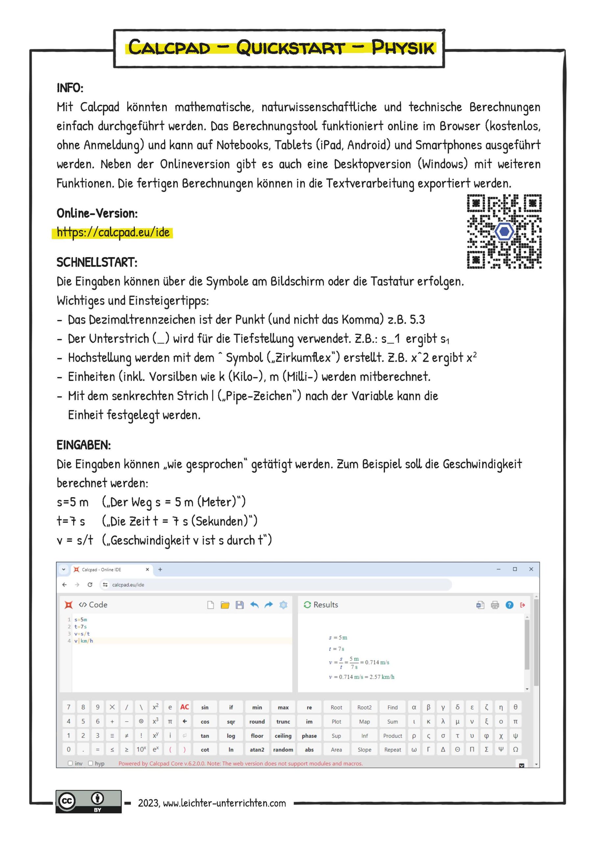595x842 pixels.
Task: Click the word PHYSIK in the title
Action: point(403,48)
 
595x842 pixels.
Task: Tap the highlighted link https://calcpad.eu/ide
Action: point(113,233)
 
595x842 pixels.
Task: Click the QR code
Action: point(504,232)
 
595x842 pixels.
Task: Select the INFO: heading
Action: point(70,88)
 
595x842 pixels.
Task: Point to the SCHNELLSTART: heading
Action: point(97,262)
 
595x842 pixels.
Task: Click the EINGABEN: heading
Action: point(83,445)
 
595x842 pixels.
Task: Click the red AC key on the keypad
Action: point(184,707)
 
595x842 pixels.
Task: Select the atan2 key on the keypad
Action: point(257,750)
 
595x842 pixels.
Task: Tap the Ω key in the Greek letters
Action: point(515,750)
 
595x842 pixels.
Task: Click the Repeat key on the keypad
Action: point(393,750)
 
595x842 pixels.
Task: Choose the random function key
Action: point(283,750)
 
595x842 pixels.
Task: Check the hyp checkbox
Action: point(90,763)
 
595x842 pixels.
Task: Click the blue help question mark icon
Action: point(509,605)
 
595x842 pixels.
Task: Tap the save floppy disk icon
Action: point(239,605)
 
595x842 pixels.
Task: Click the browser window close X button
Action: point(531,569)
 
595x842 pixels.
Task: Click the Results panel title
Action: point(325,605)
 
